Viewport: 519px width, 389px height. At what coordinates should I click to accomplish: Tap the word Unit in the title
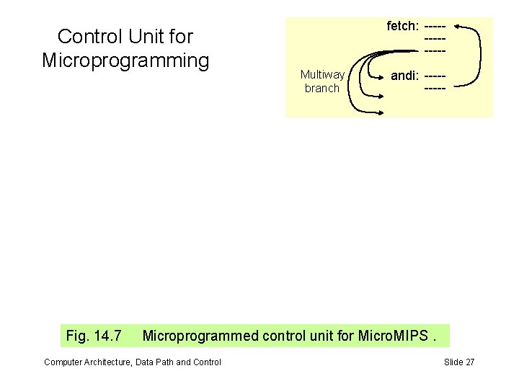(x=146, y=36)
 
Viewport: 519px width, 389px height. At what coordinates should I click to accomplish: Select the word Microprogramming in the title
(x=125, y=59)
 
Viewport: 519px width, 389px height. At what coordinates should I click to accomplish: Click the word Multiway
(x=322, y=75)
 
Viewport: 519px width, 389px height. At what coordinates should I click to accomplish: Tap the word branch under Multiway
(x=321, y=88)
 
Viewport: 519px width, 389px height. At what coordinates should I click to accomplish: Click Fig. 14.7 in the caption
(x=94, y=335)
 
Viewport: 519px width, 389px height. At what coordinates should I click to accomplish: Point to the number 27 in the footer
(x=469, y=362)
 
